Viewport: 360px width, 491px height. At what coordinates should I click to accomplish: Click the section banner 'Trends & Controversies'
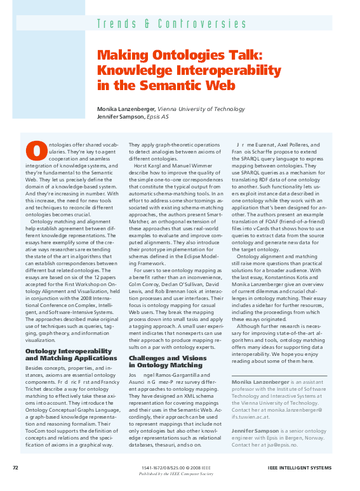[171, 24]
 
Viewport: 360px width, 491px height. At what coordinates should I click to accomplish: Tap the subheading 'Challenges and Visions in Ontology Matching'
[166, 361]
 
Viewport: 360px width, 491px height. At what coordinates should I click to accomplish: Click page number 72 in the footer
[15, 468]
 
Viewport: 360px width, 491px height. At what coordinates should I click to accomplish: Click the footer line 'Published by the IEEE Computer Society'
[177, 473]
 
